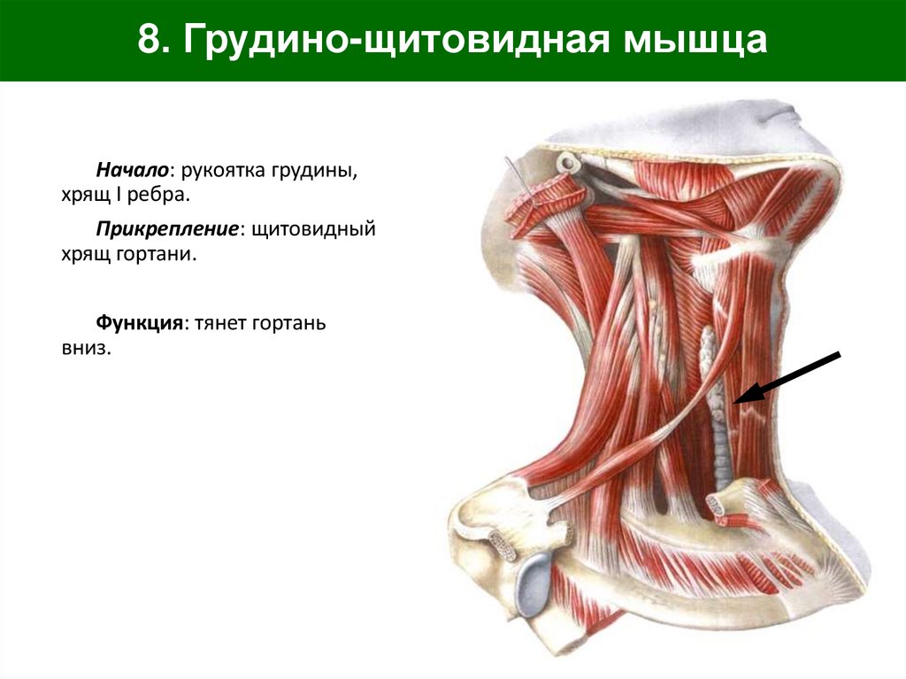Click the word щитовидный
[314, 229]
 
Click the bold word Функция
[140, 324]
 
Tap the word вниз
[86, 349]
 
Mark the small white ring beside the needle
[566, 162]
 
